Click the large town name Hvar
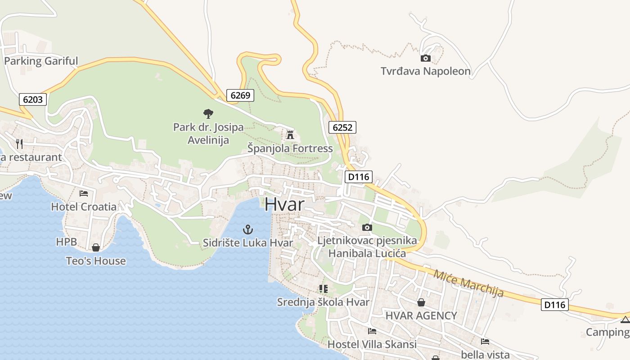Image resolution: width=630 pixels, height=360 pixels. (x=284, y=204)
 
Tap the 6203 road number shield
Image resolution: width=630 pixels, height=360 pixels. (x=33, y=99)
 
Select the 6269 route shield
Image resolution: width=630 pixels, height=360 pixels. (x=240, y=95)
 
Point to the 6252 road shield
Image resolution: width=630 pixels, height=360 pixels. (x=342, y=127)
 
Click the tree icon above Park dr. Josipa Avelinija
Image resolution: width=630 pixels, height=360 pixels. (x=208, y=113)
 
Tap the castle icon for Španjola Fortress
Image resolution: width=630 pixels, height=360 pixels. (x=290, y=135)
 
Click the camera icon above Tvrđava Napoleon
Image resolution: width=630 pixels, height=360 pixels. (x=425, y=58)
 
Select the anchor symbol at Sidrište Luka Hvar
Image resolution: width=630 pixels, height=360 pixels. (x=247, y=229)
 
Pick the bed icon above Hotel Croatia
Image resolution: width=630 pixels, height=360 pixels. (x=84, y=193)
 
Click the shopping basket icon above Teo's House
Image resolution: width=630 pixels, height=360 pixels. (x=96, y=247)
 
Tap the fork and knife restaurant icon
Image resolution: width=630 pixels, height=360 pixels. (x=19, y=144)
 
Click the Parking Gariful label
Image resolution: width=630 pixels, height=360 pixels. (x=41, y=61)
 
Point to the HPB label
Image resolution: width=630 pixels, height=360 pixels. (x=63, y=242)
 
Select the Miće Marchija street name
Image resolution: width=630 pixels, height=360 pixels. (x=468, y=283)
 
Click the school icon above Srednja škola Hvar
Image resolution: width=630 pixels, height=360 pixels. (x=323, y=288)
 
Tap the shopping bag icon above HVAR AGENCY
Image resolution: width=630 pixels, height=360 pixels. (x=421, y=302)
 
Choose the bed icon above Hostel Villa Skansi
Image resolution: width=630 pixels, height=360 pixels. (x=372, y=331)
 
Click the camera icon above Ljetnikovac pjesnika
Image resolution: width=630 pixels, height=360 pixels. (x=367, y=227)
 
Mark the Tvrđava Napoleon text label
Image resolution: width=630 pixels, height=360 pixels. (x=426, y=71)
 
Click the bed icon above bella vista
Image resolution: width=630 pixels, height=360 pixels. (x=485, y=342)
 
